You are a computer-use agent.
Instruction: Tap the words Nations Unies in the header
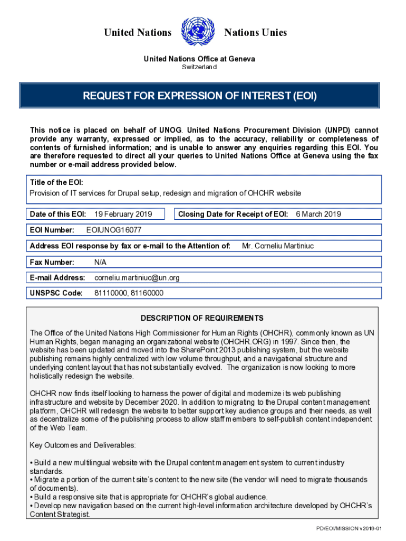[x=256, y=33]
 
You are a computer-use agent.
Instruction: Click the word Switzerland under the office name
[x=199, y=67]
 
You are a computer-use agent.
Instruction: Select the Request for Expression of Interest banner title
[x=199, y=96]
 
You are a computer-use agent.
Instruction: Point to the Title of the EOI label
[x=56, y=182]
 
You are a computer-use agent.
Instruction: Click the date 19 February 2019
[x=123, y=214]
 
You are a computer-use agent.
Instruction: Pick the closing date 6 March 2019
[x=318, y=214]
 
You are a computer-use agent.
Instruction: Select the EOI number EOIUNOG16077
[x=113, y=230]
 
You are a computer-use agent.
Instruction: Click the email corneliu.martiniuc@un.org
[x=137, y=277]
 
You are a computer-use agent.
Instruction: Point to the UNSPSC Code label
[x=56, y=293]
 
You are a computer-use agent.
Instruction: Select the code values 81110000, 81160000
[x=129, y=293]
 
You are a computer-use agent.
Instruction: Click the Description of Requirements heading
[x=202, y=318]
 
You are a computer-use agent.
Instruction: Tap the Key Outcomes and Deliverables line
[x=83, y=445]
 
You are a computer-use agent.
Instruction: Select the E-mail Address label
[x=57, y=277]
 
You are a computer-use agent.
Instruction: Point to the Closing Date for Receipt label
[x=233, y=214]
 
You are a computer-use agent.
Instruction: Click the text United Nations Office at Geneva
[x=199, y=59]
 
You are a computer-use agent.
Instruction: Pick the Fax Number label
[x=52, y=262]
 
